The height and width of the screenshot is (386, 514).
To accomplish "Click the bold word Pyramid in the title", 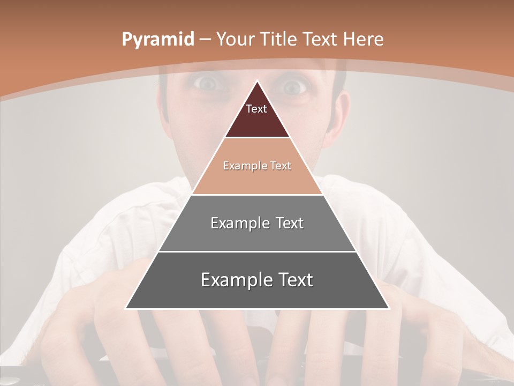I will coord(158,40).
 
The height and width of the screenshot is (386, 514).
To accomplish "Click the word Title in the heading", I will coord(279,39).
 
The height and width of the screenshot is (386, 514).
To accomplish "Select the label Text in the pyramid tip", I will coord(256,109).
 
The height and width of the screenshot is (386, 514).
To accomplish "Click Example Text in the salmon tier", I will coord(257,166).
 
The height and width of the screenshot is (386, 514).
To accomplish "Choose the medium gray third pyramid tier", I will coord(257,236).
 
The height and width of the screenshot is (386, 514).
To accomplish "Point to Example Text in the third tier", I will coord(257,223).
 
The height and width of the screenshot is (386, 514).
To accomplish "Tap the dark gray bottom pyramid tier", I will coord(257,295).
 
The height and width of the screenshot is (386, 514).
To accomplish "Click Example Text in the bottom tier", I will coord(257,280).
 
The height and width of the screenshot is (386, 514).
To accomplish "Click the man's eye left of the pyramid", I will coord(206,83).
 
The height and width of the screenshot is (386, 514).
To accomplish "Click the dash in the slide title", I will coord(205,40).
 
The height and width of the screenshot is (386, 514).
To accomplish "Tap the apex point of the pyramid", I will coord(258,81).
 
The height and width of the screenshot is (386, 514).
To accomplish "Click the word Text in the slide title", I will coord(319,39).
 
